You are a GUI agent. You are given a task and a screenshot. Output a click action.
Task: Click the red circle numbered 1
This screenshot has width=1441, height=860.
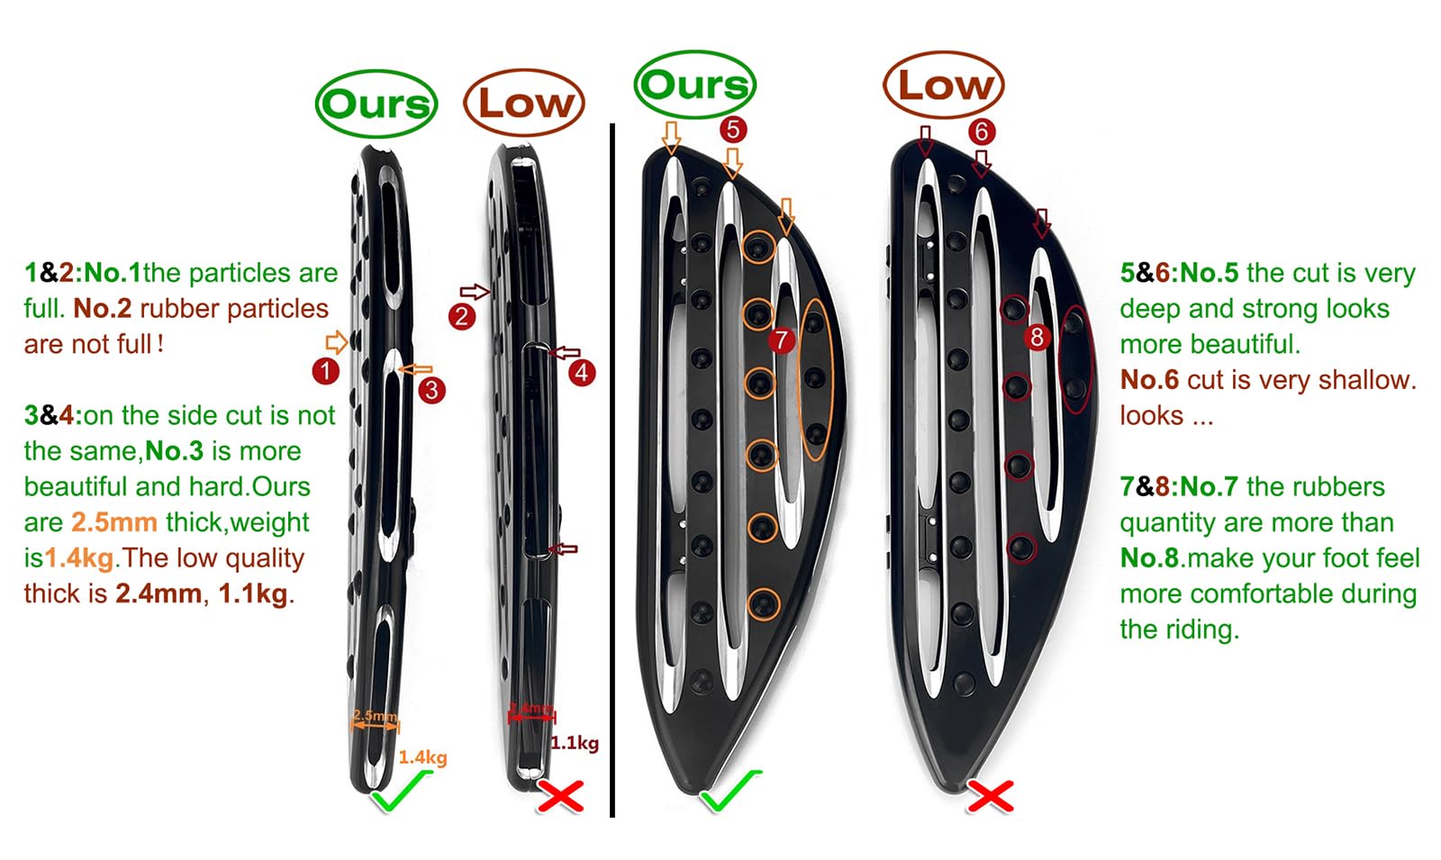pyautogui.click(x=325, y=371)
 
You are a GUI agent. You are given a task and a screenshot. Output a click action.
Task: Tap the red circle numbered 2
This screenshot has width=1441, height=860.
pyautogui.click(x=462, y=316)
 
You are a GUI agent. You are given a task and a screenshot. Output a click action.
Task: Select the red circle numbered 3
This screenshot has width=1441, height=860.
pyautogui.click(x=432, y=390)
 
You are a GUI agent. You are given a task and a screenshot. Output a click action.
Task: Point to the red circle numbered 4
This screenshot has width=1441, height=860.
pyautogui.click(x=582, y=372)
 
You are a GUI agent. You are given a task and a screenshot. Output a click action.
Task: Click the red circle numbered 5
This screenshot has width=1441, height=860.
pyautogui.click(x=733, y=130)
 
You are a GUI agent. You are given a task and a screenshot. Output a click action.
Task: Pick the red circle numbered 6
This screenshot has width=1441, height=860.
pyautogui.click(x=982, y=131)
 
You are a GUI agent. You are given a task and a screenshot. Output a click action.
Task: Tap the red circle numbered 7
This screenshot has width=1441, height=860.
pyautogui.click(x=781, y=340)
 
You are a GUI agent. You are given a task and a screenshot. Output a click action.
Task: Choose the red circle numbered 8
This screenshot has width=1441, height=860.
pyautogui.click(x=1038, y=338)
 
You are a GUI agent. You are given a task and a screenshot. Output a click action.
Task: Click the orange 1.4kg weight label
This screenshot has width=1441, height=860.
pyautogui.click(x=422, y=757)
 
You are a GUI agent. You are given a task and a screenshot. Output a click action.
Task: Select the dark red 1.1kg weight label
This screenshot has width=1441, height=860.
pyautogui.click(x=575, y=743)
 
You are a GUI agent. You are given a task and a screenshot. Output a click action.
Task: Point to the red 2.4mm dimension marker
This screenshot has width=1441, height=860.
pyautogui.click(x=531, y=711)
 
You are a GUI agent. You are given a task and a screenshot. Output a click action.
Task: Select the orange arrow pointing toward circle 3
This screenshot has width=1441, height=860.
pyautogui.click(x=416, y=369)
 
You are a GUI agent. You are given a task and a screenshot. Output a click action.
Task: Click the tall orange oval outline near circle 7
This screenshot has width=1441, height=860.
pyautogui.click(x=814, y=380)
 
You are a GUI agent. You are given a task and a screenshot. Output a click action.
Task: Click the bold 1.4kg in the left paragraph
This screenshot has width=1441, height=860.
pyautogui.click(x=79, y=558)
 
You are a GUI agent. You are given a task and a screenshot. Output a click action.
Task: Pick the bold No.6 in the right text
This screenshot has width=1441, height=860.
pyautogui.click(x=1149, y=380)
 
